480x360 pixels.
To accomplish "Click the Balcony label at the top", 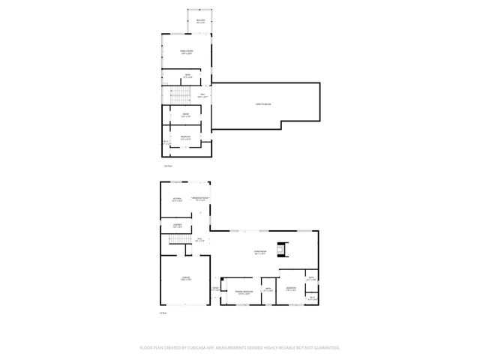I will click(200, 21).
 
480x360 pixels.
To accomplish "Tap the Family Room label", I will click(186, 52).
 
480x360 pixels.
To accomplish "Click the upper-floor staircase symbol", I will click(178, 95).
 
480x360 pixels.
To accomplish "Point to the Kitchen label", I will click(177, 199).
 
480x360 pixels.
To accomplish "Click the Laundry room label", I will click(178, 225).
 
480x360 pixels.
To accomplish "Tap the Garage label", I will click(184, 278).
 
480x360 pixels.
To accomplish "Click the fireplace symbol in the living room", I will click(283, 248).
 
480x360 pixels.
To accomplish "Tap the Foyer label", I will click(215, 289).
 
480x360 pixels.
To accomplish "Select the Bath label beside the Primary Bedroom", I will click(267, 289).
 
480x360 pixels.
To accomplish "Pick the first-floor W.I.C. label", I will click(313, 298).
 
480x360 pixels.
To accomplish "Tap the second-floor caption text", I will click(168, 165).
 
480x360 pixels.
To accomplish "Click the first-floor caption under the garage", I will click(163, 313).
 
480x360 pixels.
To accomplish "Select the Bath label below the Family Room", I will click(188, 76).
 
